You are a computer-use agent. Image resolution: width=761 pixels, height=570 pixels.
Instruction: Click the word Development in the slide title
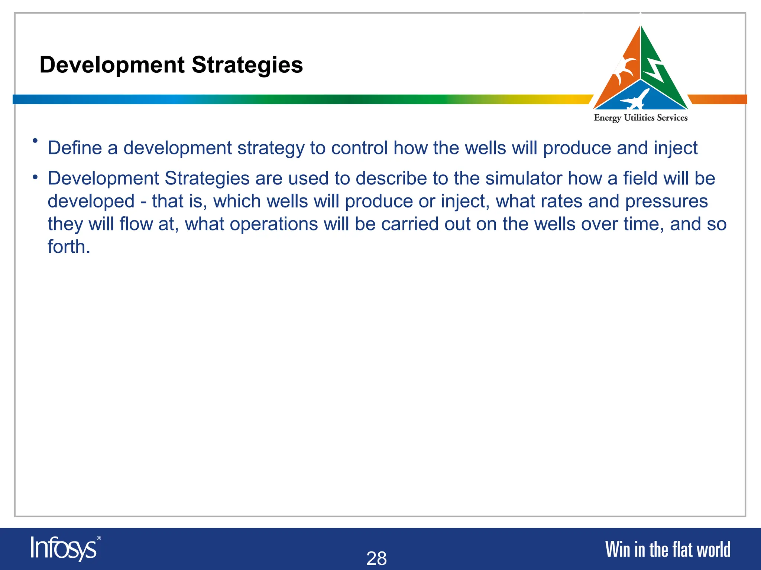[x=112, y=65]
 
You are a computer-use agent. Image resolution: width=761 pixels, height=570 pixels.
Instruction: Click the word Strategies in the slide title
[x=247, y=65]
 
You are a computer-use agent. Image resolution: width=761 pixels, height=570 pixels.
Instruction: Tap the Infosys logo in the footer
[x=64, y=548]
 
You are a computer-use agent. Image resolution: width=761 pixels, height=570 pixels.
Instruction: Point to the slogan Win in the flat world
[x=668, y=550]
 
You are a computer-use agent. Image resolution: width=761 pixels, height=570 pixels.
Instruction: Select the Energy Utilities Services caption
[x=641, y=118]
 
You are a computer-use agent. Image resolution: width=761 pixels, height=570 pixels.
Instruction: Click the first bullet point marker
[x=35, y=141]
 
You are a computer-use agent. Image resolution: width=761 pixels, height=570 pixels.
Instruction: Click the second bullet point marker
[x=35, y=178]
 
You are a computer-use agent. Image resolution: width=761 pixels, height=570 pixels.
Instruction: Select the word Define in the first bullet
[x=75, y=148]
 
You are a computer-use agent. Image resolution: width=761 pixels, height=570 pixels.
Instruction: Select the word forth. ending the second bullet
[x=69, y=247]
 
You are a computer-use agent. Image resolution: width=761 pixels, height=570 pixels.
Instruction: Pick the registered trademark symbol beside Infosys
[x=98, y=538]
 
